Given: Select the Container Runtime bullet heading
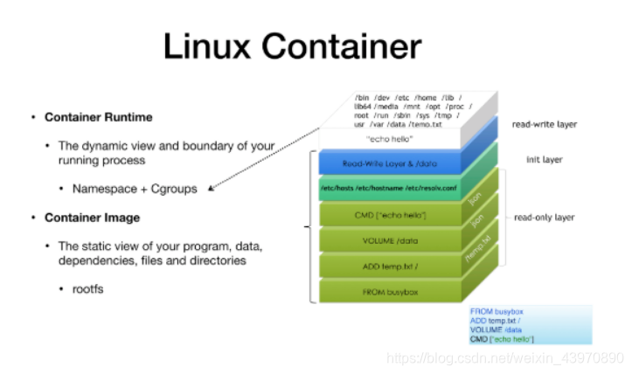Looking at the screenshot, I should tap(98, 117).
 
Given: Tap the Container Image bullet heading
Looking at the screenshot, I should tap(92, 217).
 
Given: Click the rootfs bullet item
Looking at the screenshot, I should tap(89, 287).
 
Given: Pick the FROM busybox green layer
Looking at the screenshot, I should tap(387, 290).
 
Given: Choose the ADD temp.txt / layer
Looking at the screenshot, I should tap(387, 265).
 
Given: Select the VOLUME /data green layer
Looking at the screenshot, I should tap(387, 239).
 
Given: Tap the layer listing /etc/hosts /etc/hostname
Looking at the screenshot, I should tap(387, 188).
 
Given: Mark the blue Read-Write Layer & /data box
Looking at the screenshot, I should tap(387, 162).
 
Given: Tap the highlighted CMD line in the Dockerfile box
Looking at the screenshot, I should tap(502, 338).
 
